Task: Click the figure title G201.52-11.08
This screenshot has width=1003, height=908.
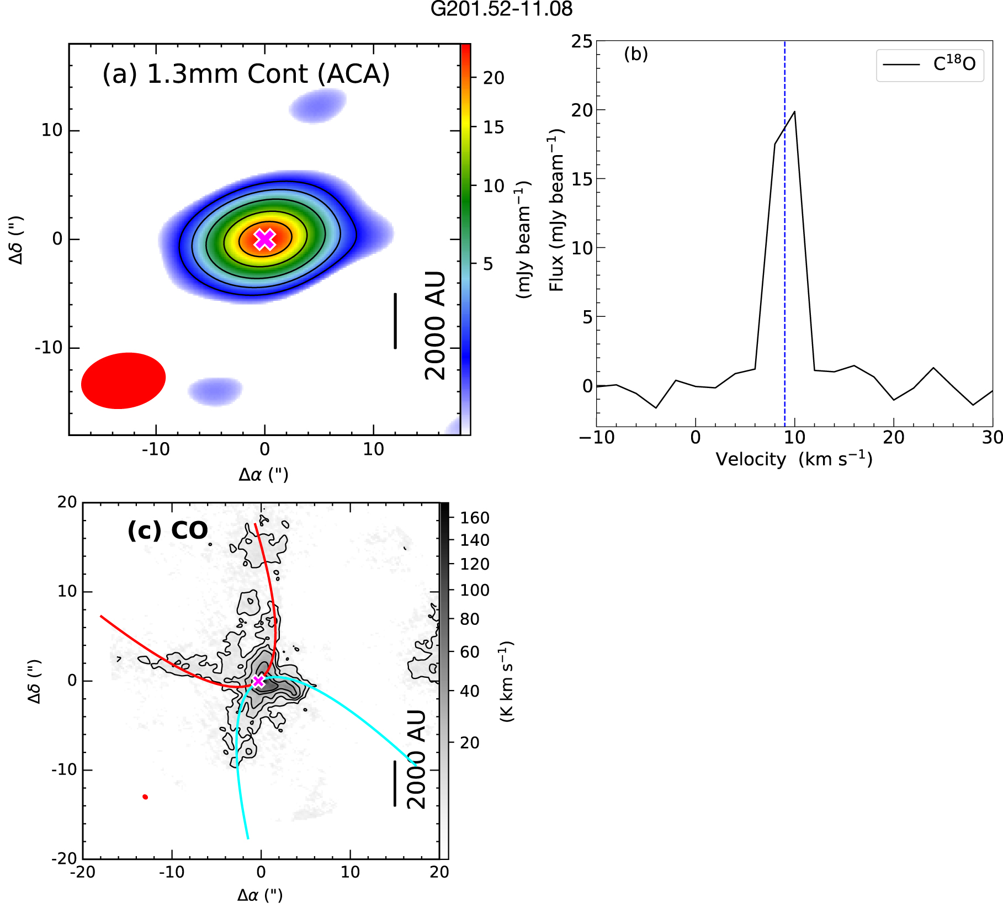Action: [501, 9]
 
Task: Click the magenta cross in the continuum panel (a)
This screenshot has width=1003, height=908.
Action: [264, 239]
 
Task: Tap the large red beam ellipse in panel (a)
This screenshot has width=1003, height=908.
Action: [124, 381]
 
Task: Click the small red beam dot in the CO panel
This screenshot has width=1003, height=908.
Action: [145, 797]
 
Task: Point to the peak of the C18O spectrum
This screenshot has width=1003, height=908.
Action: [794, 112]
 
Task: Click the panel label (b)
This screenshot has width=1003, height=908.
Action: [635, 54]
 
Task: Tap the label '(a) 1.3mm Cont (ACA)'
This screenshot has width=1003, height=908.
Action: [246, 74]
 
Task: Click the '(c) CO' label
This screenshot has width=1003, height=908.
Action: [167, 531]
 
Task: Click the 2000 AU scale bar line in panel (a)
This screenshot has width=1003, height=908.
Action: [395, 321]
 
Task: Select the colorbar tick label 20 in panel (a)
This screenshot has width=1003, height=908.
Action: [493, 78]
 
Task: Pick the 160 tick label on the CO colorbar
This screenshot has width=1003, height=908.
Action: [475, 518]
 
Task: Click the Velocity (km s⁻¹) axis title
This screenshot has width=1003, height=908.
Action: [794, 459]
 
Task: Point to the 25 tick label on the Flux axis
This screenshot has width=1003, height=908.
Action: [581, 41]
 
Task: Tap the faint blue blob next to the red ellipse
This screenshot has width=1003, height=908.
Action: [215, 391]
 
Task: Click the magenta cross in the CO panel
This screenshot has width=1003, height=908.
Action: [258, 681]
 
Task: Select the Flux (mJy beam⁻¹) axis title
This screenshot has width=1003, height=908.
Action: [556, 210]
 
